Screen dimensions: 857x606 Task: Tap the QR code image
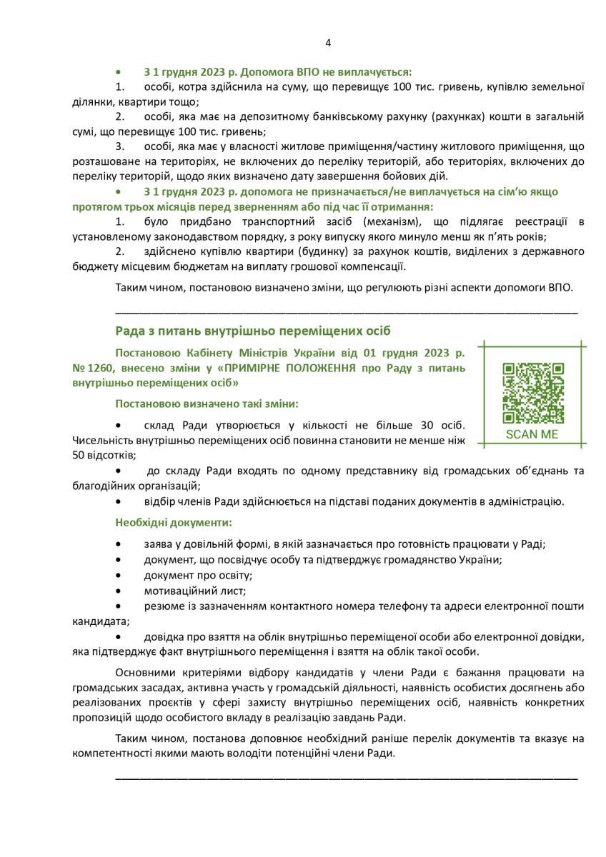533,394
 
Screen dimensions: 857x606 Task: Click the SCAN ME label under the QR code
533,434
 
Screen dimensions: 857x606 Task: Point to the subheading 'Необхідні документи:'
174,523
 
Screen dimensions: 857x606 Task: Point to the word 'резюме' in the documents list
161,606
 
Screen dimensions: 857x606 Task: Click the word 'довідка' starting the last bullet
162,636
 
